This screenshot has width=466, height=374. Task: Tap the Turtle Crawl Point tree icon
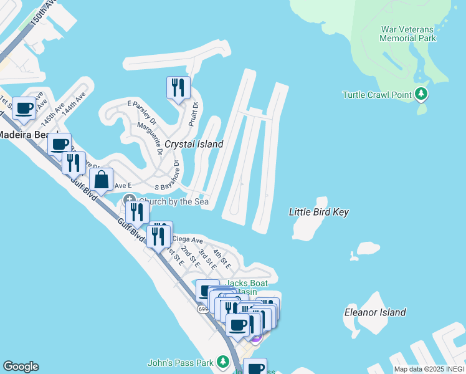(422, 95)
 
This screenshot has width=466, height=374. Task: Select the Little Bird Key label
(318, 212)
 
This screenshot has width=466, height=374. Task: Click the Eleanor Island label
(375, 312)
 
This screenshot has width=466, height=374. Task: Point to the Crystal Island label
(194, 144)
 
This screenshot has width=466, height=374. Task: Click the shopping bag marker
(101, 181)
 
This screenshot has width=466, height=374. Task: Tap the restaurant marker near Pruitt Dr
(178, 87)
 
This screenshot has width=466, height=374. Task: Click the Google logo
(21, 367)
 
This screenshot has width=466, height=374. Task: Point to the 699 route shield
(203, 308)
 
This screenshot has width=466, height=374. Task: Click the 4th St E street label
(222, 259)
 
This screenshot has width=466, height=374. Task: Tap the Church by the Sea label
(173, 201)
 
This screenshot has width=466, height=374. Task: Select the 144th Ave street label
(77, 100)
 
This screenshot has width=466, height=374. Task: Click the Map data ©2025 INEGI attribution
(429, 369)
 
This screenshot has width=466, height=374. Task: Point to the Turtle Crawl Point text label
(378, 95)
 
